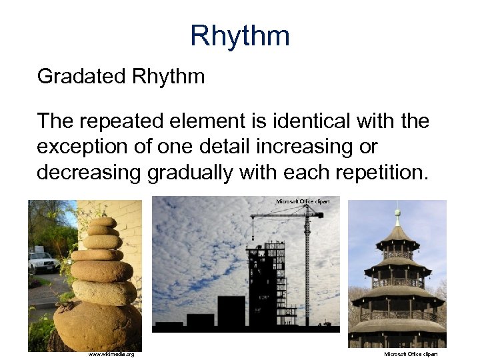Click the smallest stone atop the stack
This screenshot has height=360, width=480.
click(103, 221)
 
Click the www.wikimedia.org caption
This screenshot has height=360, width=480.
click(111, 354)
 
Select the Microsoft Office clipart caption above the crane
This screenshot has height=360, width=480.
click(302, 201)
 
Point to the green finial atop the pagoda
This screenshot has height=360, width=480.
click(397, 216)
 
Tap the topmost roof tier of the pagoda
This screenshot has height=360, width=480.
click(397, 235)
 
